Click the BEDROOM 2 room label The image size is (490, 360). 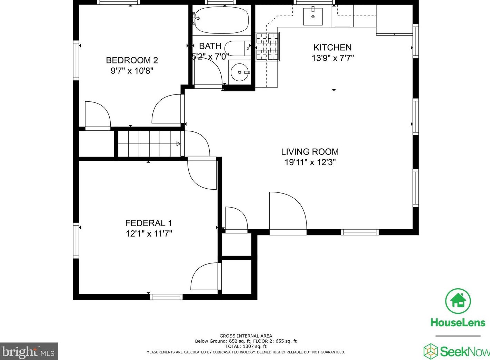coord(132,60)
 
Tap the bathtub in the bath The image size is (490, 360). coord(222,20)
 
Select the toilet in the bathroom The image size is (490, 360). coord(238,48)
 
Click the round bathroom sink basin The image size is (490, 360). coord(240,72)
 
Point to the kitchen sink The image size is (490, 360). coord(313,17)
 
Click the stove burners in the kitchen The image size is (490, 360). coord(268,46)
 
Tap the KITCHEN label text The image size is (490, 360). coord(332,48)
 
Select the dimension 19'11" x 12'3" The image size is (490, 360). coord(310,162)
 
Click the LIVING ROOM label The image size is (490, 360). coord(310,152)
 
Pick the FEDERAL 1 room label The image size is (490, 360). coord(149,223)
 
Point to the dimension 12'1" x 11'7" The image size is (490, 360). coord(149,234)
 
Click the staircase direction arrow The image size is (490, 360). coord(178,144)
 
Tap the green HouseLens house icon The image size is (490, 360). coord(458,301)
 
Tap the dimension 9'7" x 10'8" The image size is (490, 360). coord(132,71)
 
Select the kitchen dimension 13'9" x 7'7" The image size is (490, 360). coord(333,58)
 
